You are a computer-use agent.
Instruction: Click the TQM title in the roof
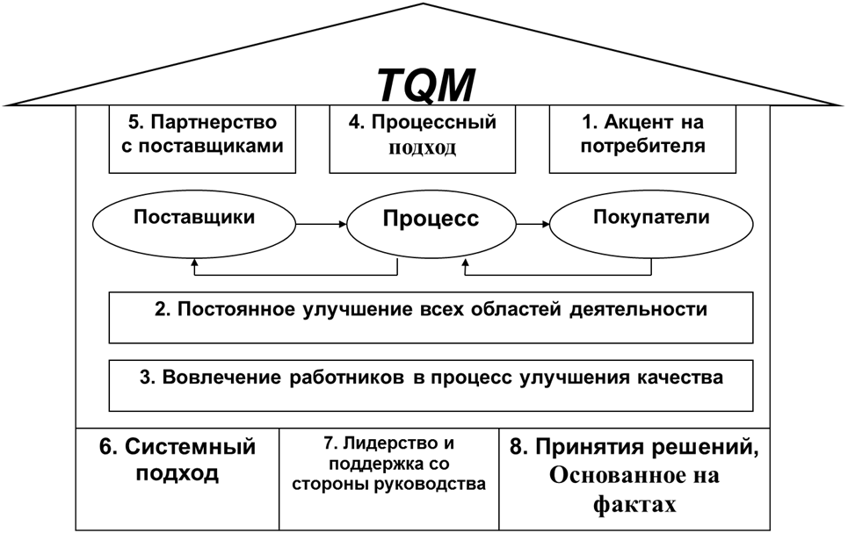point(427,85)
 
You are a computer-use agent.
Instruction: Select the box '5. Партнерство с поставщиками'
point(202,138)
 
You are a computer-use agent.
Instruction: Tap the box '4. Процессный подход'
point(422,138)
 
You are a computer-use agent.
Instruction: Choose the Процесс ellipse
point(431,220)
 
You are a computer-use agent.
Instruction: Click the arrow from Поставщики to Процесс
point(323,225)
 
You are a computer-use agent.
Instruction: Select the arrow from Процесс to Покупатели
point(533,225)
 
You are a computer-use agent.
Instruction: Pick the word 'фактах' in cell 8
point(633,505)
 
